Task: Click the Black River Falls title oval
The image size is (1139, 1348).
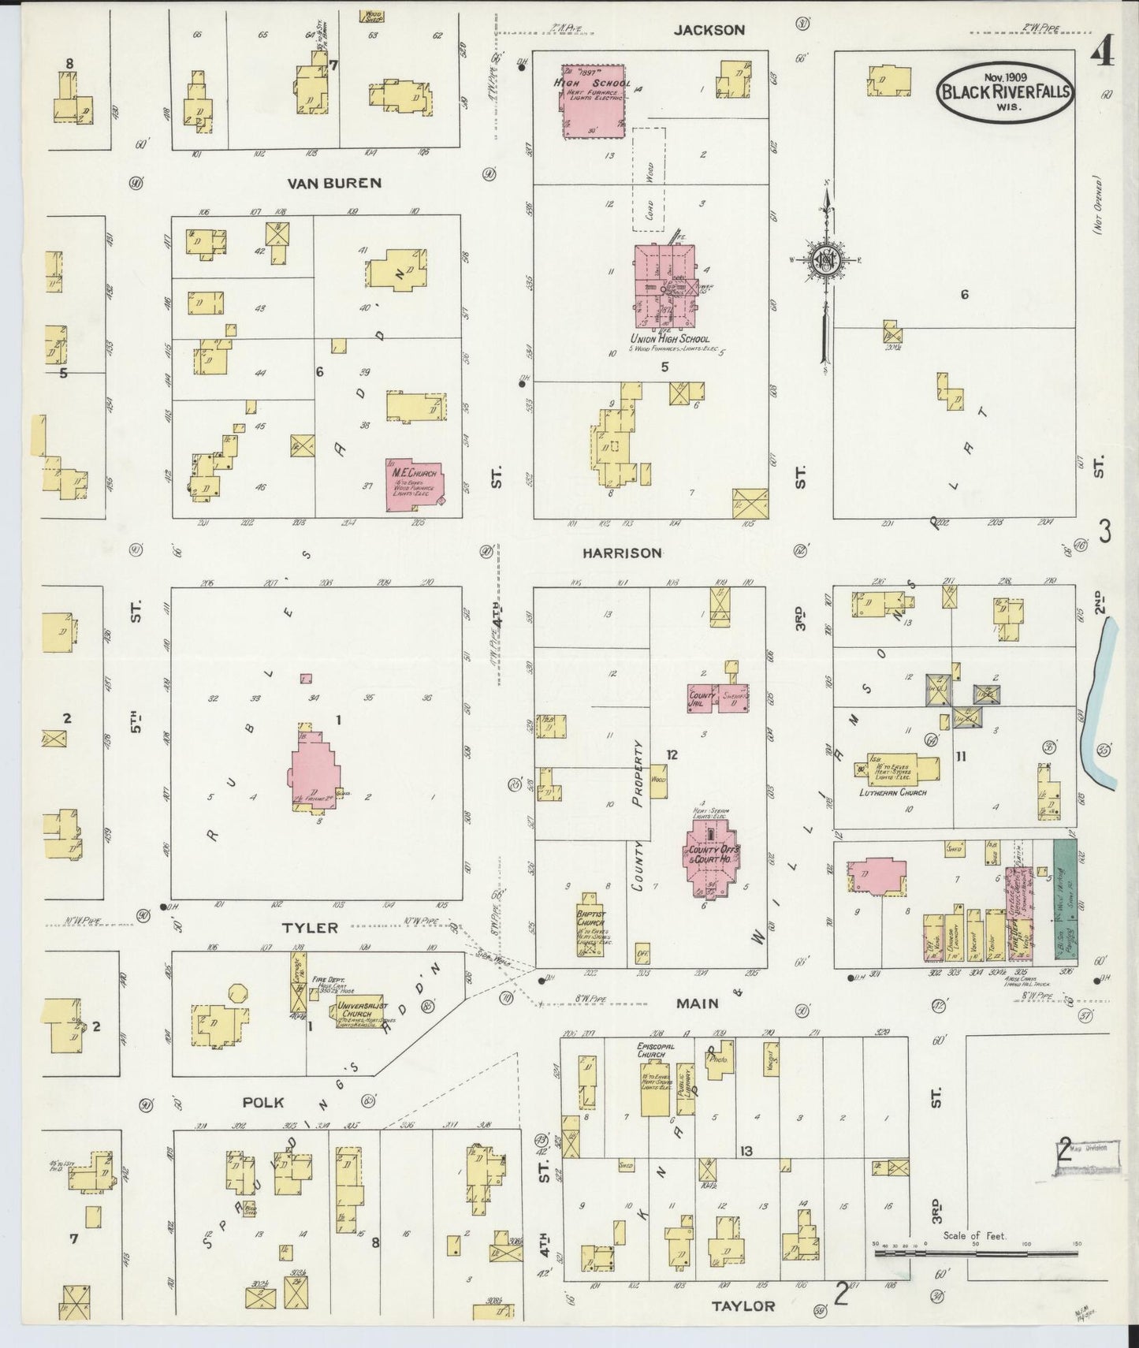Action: tap(1003, 92)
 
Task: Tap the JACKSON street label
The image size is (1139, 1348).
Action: tap(709, 30)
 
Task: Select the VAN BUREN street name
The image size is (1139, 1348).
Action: tap(333, 183)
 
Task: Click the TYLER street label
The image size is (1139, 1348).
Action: tap(311, 928)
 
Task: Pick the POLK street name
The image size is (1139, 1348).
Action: tap(263, 1102)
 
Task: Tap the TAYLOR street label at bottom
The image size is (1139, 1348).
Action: tap(743, 1306)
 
